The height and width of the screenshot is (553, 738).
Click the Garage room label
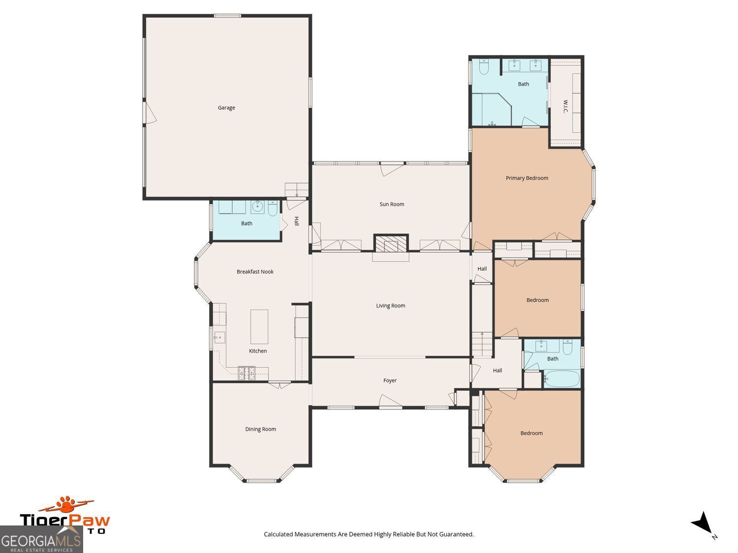(226, 108)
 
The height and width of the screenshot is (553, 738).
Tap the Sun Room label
(392, 204)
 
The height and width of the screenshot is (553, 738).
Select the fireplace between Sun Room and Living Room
(391, 244)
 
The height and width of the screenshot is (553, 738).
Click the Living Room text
(391, 306)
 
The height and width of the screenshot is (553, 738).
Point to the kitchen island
(259, 326)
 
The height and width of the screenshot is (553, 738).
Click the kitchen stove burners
(246, 373)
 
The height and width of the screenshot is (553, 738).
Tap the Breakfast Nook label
(255, 272)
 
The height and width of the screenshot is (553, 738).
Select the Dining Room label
(260, 429)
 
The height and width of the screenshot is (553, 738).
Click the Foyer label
(390, 380)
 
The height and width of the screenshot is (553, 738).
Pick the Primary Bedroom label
(526, 178)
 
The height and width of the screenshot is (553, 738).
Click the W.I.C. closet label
(565, 107)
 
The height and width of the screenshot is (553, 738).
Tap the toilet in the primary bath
(483, 67)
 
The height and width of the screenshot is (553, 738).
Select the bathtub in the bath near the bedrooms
(562, 379)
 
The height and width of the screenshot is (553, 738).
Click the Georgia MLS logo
(41, 540)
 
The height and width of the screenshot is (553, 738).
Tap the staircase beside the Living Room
(482, 344)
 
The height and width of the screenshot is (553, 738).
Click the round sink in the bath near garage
(257, 207)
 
